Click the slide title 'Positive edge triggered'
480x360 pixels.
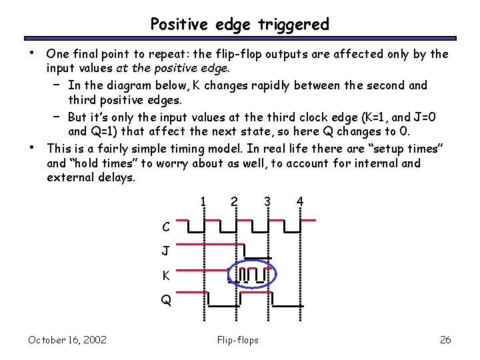click(239, 25)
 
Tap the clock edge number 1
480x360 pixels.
click(203, 201)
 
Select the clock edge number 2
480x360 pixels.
click(233, 201)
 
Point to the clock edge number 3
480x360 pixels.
click(267, 201)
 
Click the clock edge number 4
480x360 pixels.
click(300, 201)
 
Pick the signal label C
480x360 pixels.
click(165, 227)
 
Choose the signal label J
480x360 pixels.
click(165, 251)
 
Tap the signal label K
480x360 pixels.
click(165, 276)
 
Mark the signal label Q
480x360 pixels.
click(165, 301)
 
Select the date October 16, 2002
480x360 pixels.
click(67, 340)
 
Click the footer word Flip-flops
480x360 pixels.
click(238, 340)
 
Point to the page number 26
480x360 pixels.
click(445, 340)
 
